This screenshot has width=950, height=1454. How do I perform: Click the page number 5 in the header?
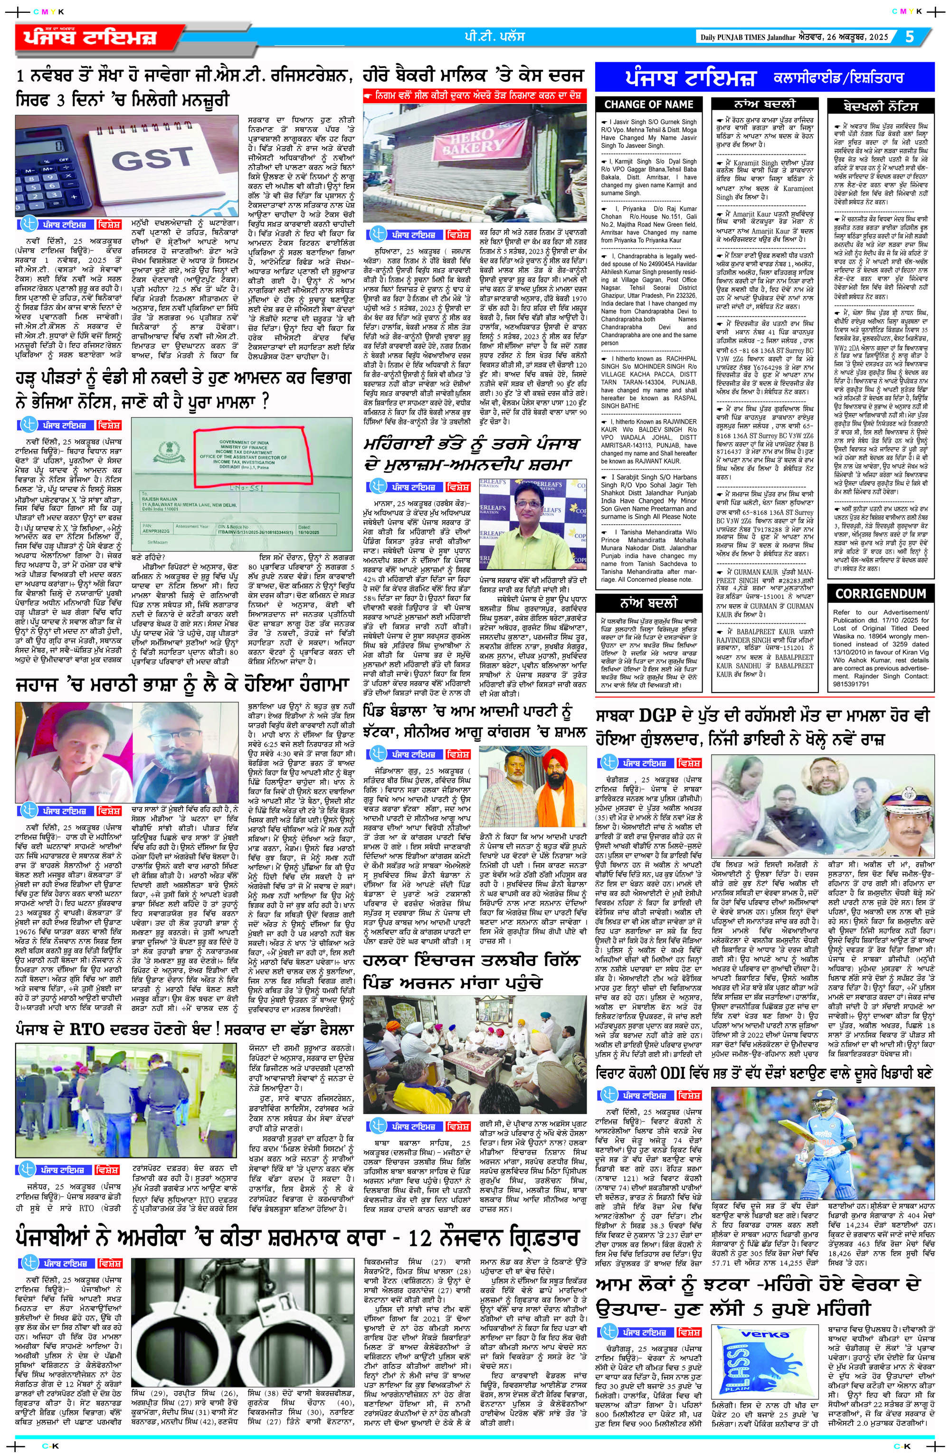pos(909,37)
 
